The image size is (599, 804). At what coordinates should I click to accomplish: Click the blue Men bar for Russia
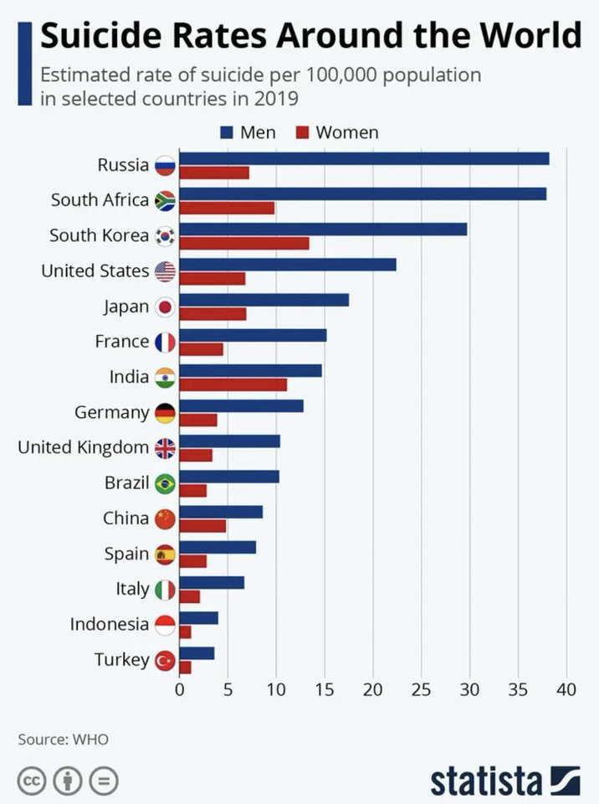click(x=364, y=159)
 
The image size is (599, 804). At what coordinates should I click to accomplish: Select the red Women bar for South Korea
click(x=244, y=244)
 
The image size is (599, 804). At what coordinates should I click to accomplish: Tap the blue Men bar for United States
click(x=288, y=265)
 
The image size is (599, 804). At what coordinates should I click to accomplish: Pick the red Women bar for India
click(x=233, y=384)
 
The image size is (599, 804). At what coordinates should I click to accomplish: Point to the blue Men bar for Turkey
click(x=197, y=653)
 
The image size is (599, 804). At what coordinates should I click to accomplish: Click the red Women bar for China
click(x=202, y=526)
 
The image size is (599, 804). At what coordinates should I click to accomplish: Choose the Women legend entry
click(x=338, y=132)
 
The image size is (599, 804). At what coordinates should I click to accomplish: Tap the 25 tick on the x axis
click(x=422, y=690)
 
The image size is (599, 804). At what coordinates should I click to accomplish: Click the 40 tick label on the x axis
click(x=566, y=690)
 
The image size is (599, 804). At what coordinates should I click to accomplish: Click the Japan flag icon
click(x=165, y=307)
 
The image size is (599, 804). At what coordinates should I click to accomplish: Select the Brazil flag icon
click(x=165, y=484)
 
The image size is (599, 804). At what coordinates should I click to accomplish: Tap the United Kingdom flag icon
click(x=165, y=449)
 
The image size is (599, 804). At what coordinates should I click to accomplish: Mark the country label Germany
click(x=112, y=413)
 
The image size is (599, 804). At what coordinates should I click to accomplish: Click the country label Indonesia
click(x=110, y=624)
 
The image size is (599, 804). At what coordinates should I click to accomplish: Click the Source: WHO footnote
click(x=64, y=740)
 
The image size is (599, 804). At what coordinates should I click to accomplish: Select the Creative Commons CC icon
click(x=32, y=781)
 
